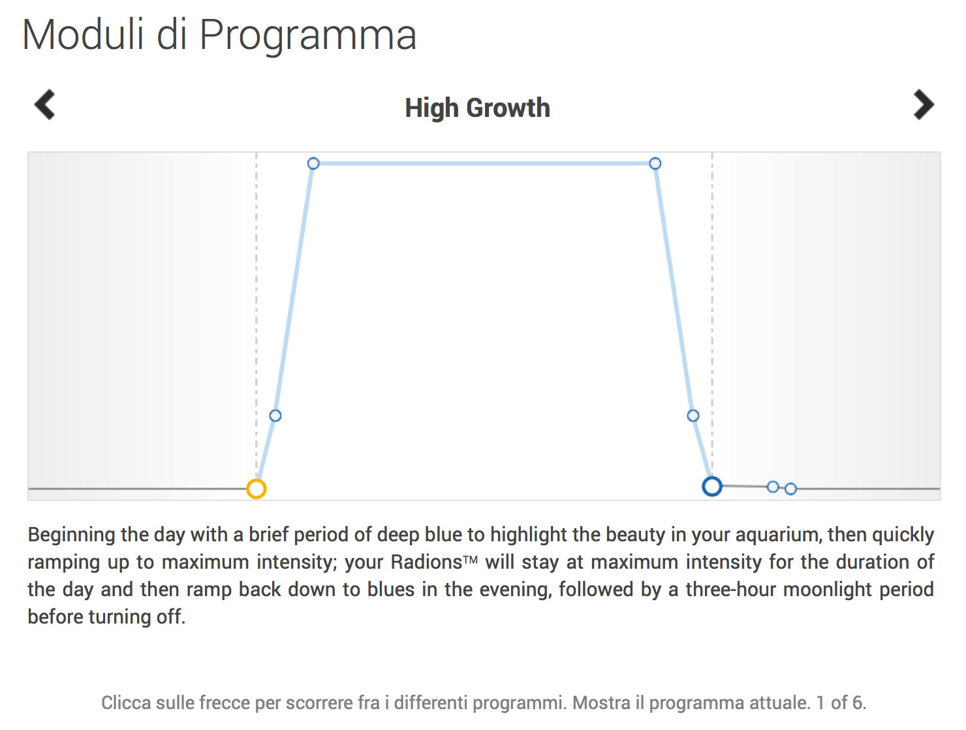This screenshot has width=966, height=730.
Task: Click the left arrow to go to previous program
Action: [45, 104]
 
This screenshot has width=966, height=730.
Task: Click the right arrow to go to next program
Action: [924, 104]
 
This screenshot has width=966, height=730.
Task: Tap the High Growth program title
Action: [478, 108]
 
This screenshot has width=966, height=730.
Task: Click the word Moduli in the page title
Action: [83, 35]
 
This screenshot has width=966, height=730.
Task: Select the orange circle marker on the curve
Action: [256, 488]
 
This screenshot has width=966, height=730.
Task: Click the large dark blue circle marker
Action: [711, 486]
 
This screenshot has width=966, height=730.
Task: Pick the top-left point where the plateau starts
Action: [313, 163]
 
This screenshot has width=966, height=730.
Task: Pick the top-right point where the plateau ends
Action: [655, 164]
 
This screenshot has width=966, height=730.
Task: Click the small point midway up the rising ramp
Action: [275, 416]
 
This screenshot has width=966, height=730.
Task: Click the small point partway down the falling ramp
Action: [693, 416]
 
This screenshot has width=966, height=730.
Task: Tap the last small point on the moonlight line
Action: [790, 488]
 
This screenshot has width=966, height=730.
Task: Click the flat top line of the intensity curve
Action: [484, 163]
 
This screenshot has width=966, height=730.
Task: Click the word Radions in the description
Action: [426, 562]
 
